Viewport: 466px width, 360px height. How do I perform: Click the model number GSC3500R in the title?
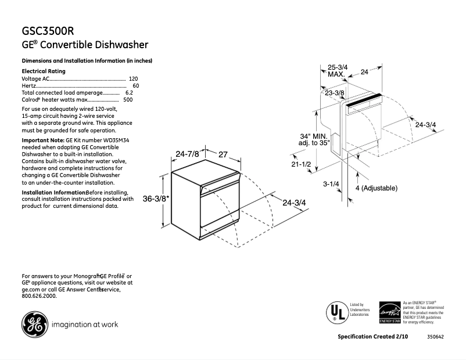point(48,30)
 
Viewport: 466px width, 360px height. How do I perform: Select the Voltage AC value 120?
point(133,78)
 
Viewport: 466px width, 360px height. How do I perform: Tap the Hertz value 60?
point(135,85)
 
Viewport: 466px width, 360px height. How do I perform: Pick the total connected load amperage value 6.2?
point(129,93)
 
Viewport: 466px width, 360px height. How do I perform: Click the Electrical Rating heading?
point(44,71)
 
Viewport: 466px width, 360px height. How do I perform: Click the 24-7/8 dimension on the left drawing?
point(187,154)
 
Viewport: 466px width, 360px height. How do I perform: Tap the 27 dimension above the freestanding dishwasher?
point(223,154)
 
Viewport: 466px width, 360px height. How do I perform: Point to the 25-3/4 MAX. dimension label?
point(338,71)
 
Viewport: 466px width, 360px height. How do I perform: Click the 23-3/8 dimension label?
point(335,93)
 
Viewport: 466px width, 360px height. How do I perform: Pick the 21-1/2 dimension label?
point(302,165)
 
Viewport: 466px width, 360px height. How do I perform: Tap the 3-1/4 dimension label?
point(331,184)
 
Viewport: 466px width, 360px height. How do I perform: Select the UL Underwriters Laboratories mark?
point(334,312)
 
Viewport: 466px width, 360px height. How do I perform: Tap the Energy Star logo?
point(389,312)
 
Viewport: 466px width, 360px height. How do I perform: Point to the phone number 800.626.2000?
point(39,296)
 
